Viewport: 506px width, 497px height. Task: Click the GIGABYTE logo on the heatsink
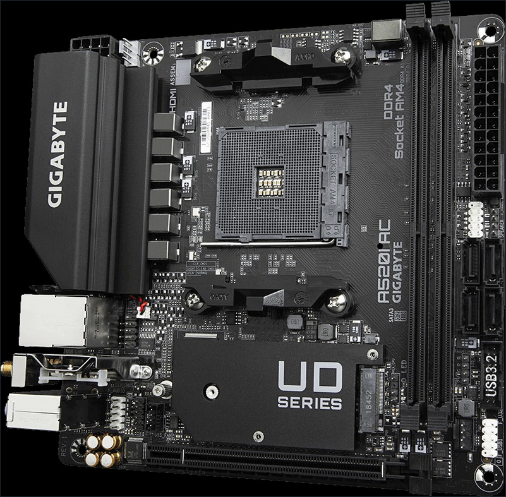(x=57, y=154)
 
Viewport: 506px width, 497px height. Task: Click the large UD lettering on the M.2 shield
(x=310, y=378)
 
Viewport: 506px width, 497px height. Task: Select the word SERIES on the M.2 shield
(x=310, y=404)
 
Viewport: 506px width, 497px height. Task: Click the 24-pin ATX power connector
(x=486, y=120)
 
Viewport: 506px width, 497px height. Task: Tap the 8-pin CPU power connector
(x=94, y=45)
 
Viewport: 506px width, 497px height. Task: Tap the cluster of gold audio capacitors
(x=104, y=448)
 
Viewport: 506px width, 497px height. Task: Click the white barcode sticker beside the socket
(x=205, y=126)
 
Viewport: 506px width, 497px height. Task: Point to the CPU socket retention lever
(x=272, y=242)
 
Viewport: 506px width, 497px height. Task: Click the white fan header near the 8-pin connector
(x=129, y=51)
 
